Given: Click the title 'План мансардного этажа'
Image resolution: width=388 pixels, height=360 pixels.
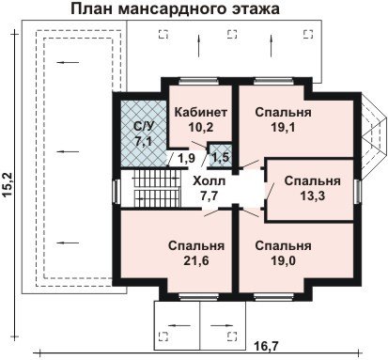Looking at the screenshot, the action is [x=175, y=8].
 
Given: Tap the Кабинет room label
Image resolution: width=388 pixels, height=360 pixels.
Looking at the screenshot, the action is [x=201, y=112].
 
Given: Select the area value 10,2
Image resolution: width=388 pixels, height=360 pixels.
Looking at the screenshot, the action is [x=201, y=127].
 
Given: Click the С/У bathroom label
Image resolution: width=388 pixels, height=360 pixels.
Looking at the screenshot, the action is [x=145, y=126].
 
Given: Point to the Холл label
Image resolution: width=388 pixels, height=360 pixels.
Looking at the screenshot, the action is [x=209, y=180].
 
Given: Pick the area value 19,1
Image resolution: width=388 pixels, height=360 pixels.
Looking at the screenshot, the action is [x=283, y=127].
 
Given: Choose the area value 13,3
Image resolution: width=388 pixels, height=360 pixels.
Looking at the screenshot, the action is [x=313, y=196].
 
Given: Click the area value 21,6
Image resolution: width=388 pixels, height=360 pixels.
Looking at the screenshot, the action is [x=196, y=260].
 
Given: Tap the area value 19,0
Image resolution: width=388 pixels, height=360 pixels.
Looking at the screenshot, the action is [x=283, y=260].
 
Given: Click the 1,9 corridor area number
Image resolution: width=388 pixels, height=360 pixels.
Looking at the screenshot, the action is [x=187, y=158].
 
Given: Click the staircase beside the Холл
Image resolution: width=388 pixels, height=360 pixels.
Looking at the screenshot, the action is [x=158, y=188].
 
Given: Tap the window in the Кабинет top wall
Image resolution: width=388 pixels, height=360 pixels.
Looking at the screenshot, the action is [x=198, y=82].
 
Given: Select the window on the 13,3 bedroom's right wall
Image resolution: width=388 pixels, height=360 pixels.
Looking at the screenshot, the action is [x=358, y=192].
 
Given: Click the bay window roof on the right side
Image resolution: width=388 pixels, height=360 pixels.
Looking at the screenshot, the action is [x=373, y=137].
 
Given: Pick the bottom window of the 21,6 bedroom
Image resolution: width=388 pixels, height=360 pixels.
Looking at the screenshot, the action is [x=198, y=297].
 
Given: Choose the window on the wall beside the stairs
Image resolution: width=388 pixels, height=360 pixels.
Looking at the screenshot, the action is [x=116, y=191].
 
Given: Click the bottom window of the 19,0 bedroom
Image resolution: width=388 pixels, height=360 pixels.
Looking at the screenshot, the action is [x=273, y=297].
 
